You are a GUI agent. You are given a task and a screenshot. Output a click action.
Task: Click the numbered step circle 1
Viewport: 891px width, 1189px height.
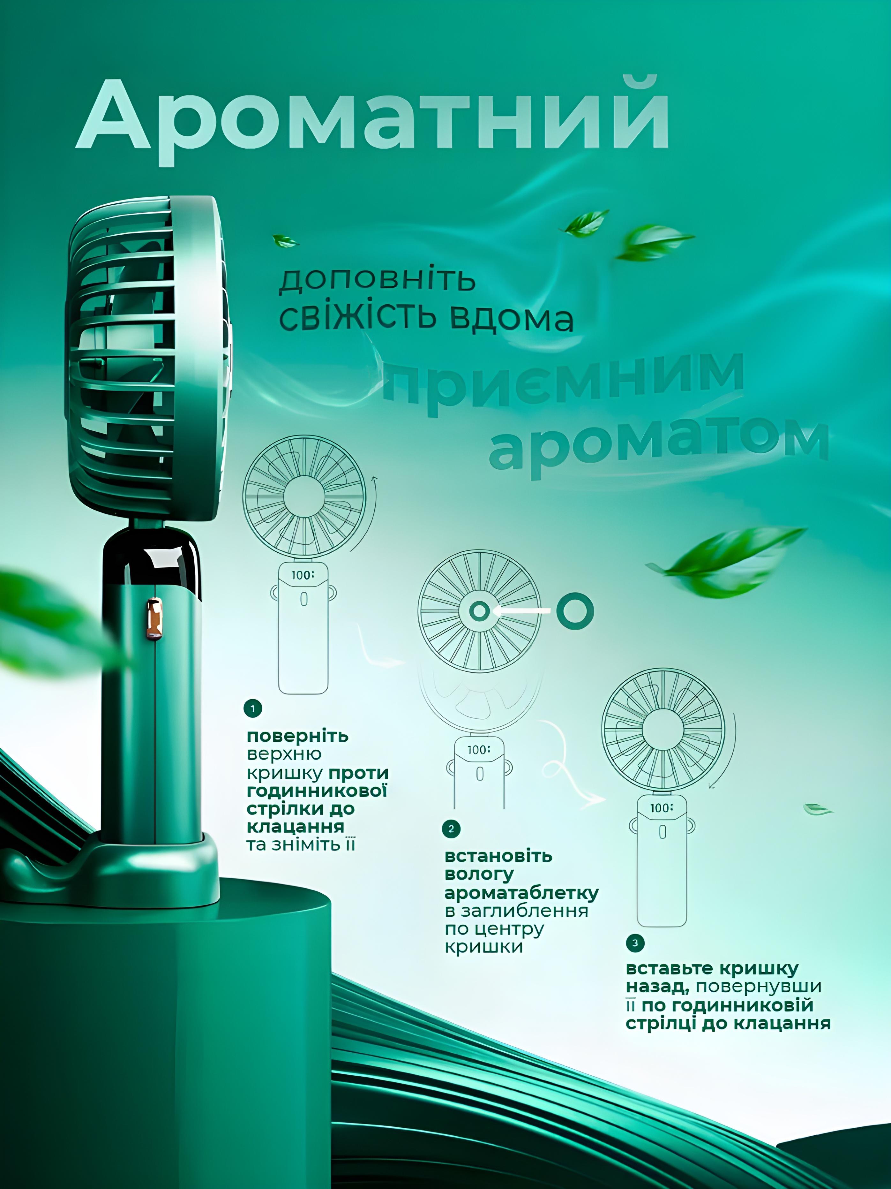(252, 708)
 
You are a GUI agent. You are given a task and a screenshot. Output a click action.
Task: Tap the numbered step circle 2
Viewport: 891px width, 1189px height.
(451, 829)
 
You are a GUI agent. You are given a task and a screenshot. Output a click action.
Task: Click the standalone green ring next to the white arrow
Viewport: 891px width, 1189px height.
(575, 611)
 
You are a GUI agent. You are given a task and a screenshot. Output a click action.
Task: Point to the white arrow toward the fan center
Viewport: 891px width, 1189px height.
(521, 611)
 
